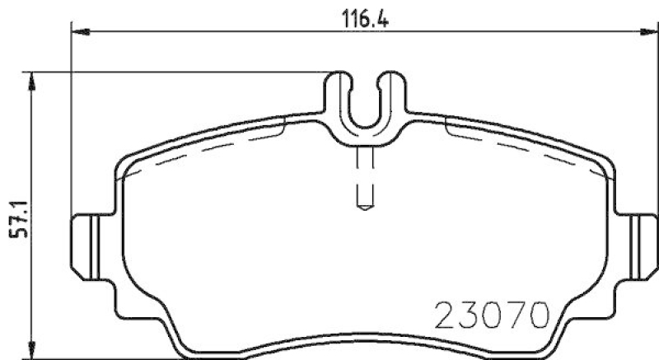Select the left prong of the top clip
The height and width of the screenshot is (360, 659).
click(339, 95)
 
